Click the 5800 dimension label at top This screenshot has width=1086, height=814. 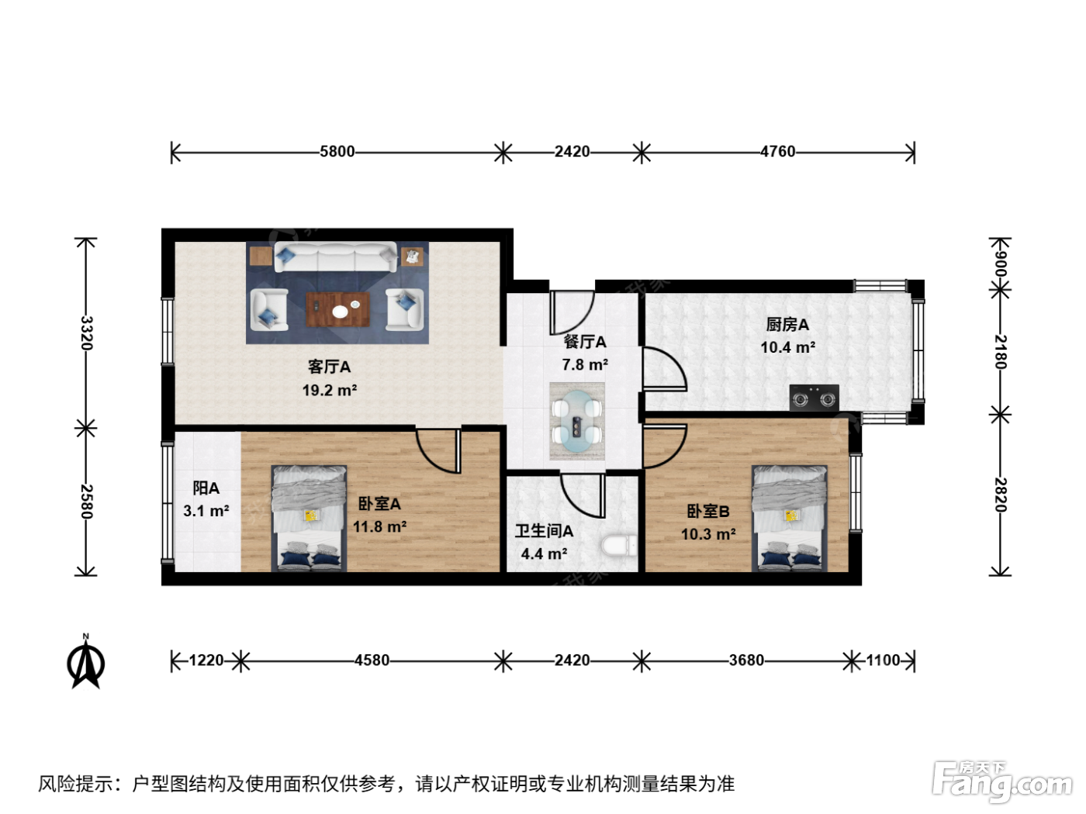(x=337, y=151)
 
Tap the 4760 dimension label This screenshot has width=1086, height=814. (x=778, y=151)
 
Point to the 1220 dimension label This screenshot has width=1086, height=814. (x=206, y=661)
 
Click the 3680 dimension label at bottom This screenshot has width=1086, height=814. (x=746, y=661)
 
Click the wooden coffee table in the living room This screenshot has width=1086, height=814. (x=338, y=309)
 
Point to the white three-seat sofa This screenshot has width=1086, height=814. (x=335, y=257)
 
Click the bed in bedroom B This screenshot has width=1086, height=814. (x=790, y=519)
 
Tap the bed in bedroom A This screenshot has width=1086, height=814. (x=309, y=519)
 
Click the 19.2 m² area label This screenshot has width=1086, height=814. (x=330, y=391)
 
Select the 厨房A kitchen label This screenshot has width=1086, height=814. (x=787, y=325)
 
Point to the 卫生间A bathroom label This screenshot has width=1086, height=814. (x=544, y=531)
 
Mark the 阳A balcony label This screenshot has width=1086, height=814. (x=206, y=488)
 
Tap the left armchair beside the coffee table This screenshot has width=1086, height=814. (x=269, y=310)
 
